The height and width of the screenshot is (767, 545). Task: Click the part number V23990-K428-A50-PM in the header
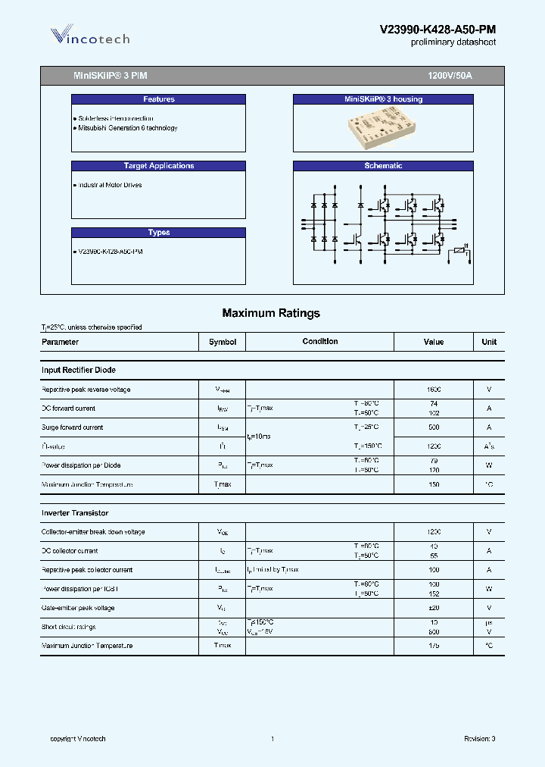tap(438, 30)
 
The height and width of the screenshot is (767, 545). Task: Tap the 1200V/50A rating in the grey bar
tap(450, 77)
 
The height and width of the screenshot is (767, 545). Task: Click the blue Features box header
tap(158, 99)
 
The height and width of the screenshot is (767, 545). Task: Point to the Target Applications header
tap(158, 166)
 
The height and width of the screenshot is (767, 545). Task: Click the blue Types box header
tap(158, 233)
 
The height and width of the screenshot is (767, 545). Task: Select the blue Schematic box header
tap(383, 166)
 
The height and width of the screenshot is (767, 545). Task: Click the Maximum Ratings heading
tap(271, 313)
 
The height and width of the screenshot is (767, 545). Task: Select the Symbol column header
tap(223, 342)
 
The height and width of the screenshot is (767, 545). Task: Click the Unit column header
tap(489, 342)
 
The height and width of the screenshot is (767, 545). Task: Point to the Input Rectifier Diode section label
tap(79, 370)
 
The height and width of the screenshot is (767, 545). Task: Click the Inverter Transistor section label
tap(75, 513)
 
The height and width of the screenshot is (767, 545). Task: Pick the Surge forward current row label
tap(73, 427)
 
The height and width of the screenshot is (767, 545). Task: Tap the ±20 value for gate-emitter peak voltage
tap(434, 608)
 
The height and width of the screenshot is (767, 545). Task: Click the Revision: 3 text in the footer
tap(479, 739)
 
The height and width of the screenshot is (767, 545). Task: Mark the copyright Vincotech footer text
tap(78, 739)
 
